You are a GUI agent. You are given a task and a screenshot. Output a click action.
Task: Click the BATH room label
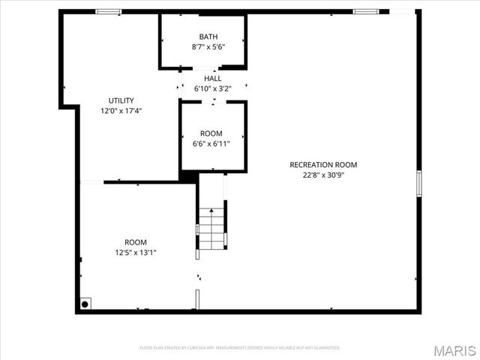208,37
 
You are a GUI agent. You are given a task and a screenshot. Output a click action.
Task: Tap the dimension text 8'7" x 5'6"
208,46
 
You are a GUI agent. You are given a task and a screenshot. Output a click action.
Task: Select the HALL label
212,78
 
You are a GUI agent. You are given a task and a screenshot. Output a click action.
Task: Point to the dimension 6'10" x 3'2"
212,88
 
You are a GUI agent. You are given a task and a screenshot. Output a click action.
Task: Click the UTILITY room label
121,100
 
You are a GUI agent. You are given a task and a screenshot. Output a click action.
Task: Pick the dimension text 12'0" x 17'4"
121,111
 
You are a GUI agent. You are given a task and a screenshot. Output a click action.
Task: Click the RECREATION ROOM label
323,165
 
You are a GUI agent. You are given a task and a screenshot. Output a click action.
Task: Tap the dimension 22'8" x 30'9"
323,175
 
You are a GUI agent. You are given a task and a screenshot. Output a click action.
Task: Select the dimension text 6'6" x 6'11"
211,144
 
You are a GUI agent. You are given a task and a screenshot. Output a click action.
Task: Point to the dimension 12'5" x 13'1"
136,253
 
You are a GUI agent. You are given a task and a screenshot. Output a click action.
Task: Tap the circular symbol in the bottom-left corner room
85,304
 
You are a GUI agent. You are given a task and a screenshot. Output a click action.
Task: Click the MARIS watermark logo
454,350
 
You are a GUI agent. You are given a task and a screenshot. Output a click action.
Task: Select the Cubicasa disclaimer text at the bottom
240,348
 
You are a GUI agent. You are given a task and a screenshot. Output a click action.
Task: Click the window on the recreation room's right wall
418,183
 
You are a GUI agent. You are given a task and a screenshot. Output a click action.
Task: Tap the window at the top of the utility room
108,12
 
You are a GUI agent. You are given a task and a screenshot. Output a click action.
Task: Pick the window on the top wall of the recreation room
365,12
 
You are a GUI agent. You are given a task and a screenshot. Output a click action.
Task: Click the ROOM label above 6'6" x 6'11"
211,133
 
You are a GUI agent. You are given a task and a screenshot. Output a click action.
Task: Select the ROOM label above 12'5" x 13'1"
136,242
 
